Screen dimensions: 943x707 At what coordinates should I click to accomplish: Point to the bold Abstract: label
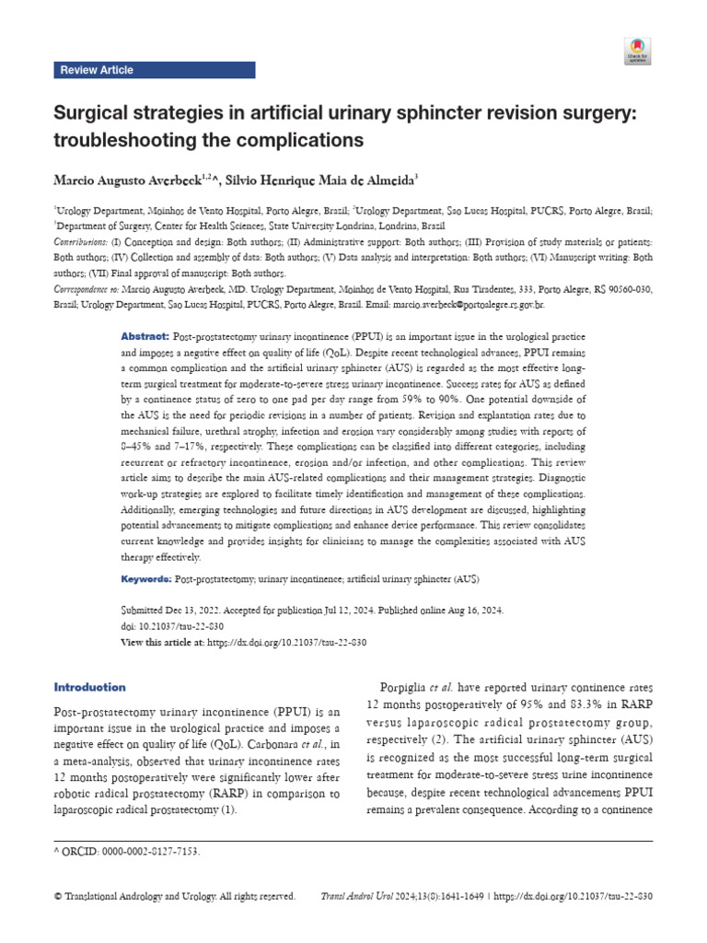(145, 337)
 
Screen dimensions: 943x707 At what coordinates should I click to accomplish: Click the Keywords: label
(146, 579)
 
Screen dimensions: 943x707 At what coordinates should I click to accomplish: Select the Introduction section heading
(90, 687)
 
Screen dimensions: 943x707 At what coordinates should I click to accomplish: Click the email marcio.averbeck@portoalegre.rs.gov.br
(469, 304)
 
